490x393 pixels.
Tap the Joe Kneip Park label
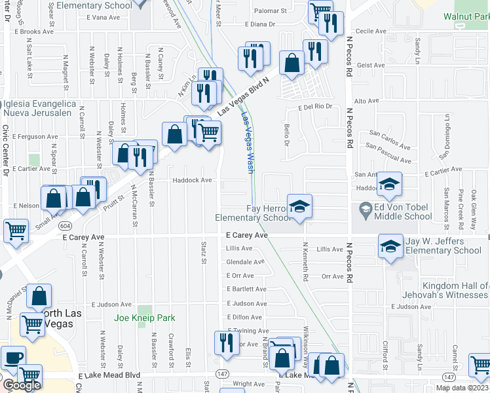coord(145,318)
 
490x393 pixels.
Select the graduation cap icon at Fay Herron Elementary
coord(299,207)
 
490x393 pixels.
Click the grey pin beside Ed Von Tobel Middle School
coord(366,211)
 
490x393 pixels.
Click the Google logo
coord(21,384)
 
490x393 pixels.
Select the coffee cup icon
coord(13,358)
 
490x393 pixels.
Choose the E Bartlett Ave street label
coord(246,289)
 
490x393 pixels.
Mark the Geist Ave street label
coord(371,65)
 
